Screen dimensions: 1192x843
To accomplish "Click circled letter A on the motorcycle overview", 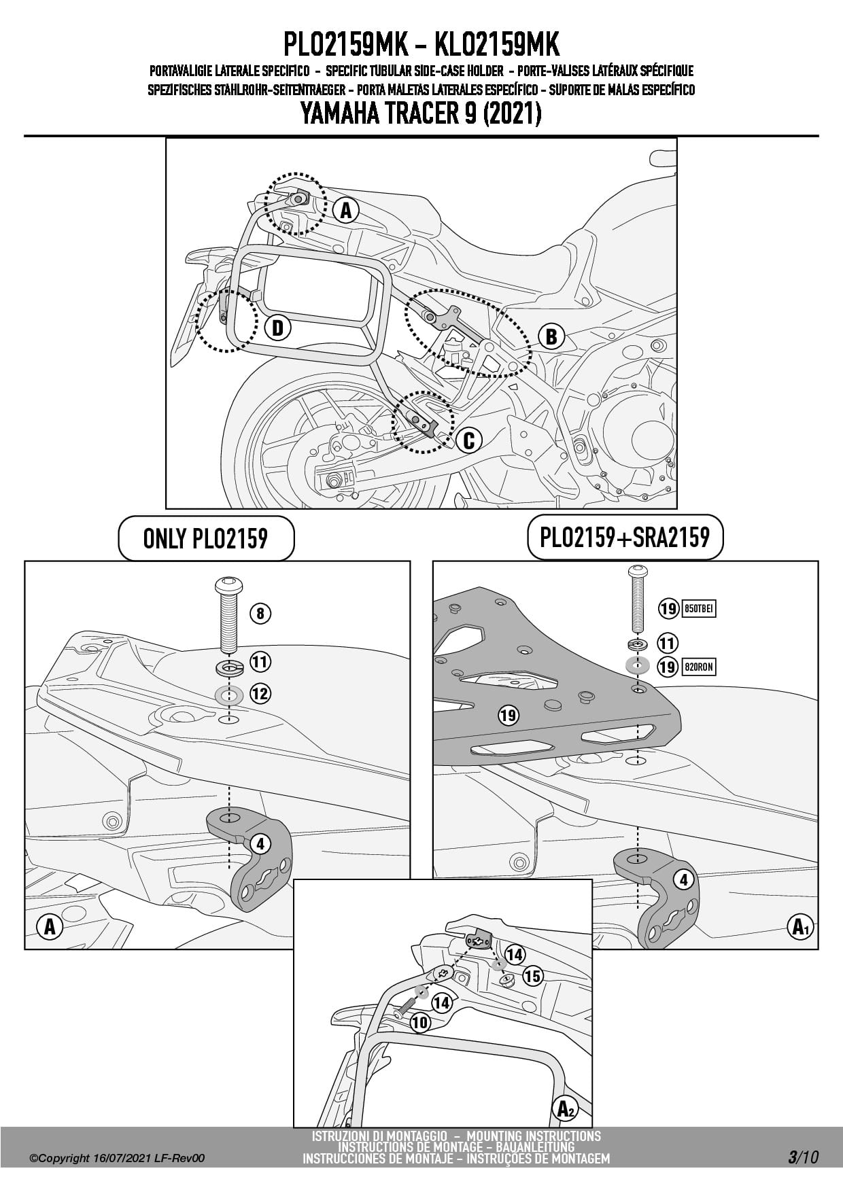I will click(x=345, y=210).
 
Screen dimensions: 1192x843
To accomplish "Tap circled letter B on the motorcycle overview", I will click(x=551, y=336).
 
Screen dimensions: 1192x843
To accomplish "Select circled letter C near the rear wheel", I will click(x=468, y=440).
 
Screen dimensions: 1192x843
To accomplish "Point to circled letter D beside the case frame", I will click(x=277, y=328).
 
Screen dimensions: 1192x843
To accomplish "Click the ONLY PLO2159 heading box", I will click(x=206, y=539).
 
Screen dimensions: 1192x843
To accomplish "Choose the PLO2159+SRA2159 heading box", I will click(x=625, y=538).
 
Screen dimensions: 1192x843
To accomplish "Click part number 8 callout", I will click(x=260, y=614).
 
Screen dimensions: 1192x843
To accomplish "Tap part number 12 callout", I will click(x=260, y=694).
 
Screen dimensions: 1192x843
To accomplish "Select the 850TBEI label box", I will click(x=698, y=608).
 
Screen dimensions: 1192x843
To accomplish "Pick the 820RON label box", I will click(x=698, y=667).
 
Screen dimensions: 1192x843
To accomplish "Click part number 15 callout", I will click(x=532, y=976).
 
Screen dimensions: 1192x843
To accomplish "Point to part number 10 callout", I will click(x=420, y=1022).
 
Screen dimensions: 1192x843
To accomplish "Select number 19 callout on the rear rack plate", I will click(x=508, y=715).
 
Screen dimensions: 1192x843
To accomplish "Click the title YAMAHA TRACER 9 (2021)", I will click(x=421, y=113).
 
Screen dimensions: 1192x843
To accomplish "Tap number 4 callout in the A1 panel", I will click(x=684, y=880).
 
